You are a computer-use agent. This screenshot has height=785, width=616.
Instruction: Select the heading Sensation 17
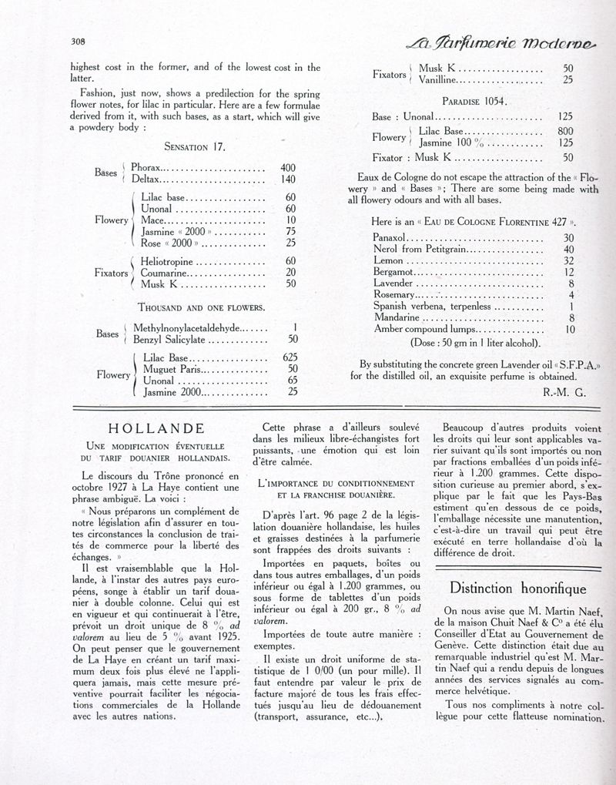(195, 146)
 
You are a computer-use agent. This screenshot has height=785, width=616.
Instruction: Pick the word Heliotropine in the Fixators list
(171, 262)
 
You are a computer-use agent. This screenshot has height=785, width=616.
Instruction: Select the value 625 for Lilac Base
(290, 357)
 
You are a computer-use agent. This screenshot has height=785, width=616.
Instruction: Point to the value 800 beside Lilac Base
(564, 131)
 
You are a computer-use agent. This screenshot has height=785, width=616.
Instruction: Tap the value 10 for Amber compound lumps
(569, 329)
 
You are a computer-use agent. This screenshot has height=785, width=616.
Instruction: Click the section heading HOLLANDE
(156, 428)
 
